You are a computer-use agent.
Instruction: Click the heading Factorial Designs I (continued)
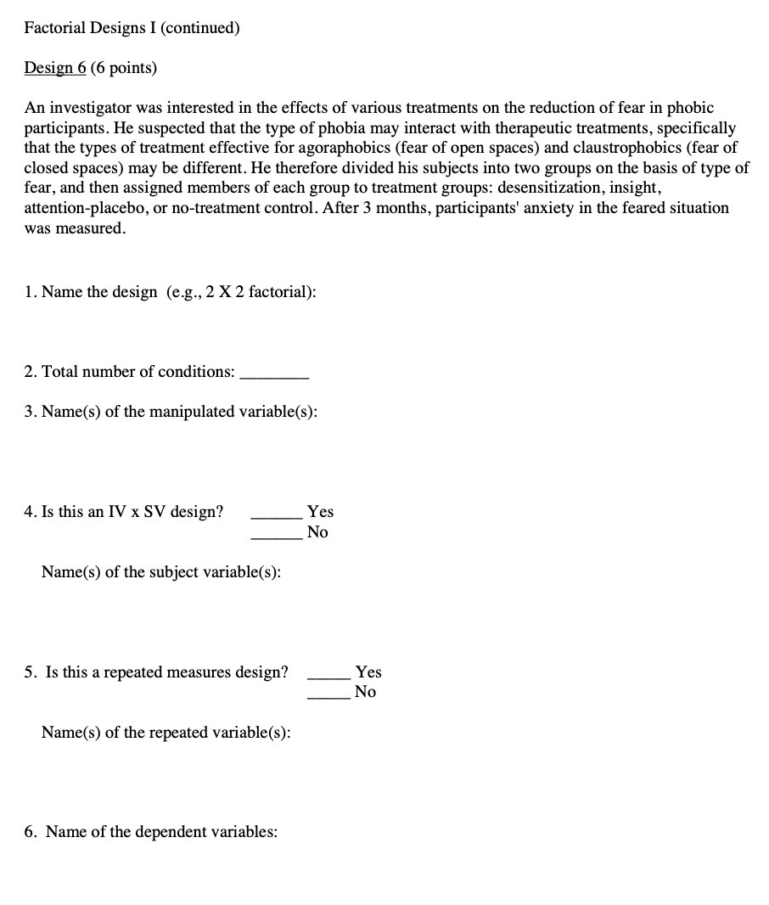click(x=132, y=28)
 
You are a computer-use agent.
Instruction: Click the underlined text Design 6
click(x=55, y=68)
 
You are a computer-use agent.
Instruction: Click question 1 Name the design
click(x=170, y=292)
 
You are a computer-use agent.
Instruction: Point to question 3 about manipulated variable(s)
click(x=171, y=412)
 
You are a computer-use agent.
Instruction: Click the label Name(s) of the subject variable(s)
click(x=161, y=572)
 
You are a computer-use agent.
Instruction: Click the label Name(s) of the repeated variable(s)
click(x=166, y=732)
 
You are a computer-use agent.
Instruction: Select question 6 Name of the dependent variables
click(x=150, y=832)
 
